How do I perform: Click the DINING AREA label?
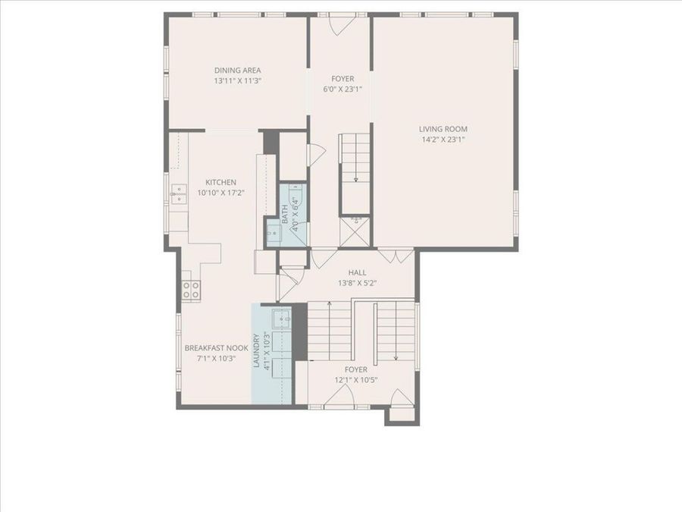(x=237, y=71)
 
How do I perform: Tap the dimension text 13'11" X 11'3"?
(x=237, y=80)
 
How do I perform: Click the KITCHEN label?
(x=221, y=183)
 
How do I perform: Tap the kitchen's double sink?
(x=177, y=196)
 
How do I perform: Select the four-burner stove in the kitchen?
(x=191, y=289)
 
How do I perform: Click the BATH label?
(x=286, y=213)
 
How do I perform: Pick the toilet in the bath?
(x=298, y=199)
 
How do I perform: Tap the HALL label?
(x=357, y=272)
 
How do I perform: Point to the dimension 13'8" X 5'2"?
(x=357, y=283)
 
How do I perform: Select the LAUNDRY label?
(x=257, y=351)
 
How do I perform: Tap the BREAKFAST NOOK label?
(x=216, y=349)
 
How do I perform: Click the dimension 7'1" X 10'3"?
(x=216, y=359)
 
